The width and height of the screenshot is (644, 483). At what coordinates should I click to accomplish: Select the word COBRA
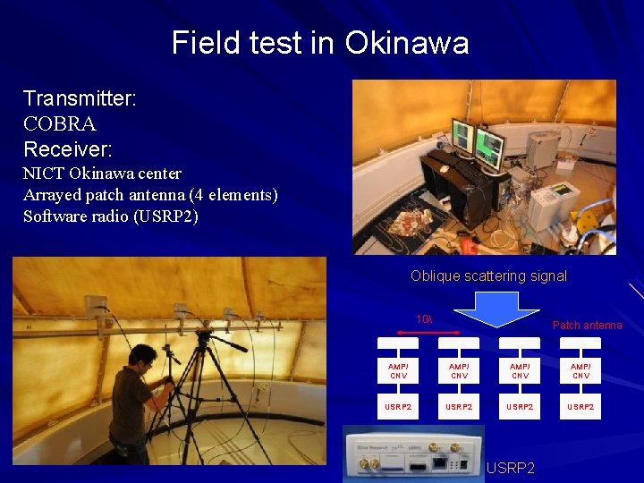(59, 123)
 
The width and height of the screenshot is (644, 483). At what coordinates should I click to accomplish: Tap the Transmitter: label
(80, 98)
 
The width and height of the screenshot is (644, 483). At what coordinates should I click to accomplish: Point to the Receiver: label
(68, 148)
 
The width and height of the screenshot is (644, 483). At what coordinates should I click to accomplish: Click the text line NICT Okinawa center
(102, 173)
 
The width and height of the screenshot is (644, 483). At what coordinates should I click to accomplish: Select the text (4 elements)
(233, 194)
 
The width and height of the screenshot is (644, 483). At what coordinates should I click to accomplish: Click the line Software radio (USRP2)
(111, 216)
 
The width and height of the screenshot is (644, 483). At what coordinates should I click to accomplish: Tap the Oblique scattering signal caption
(488, 275)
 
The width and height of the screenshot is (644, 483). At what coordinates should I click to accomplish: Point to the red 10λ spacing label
(424, 319)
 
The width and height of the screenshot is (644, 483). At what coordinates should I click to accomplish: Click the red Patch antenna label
(587, 325)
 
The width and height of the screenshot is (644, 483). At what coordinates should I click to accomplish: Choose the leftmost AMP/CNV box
(398, 370)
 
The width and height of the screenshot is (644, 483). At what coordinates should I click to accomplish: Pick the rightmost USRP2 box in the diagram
(580, 406)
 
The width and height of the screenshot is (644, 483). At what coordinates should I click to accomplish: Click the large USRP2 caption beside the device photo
(512, 468)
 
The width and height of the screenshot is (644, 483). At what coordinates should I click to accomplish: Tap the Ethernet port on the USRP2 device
(442, 464)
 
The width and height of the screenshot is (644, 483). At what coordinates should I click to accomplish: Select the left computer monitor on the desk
(462, 135)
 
